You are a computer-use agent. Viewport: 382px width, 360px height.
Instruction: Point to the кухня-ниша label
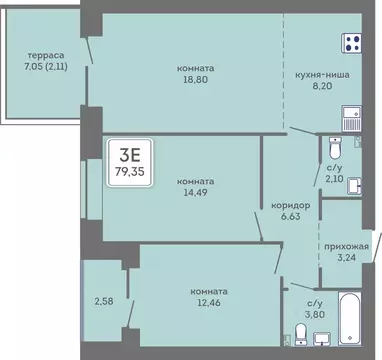(322, 73)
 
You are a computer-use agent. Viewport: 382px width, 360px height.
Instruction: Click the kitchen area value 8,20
(322, 87)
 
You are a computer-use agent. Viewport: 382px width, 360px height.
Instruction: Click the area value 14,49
(192, 194)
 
